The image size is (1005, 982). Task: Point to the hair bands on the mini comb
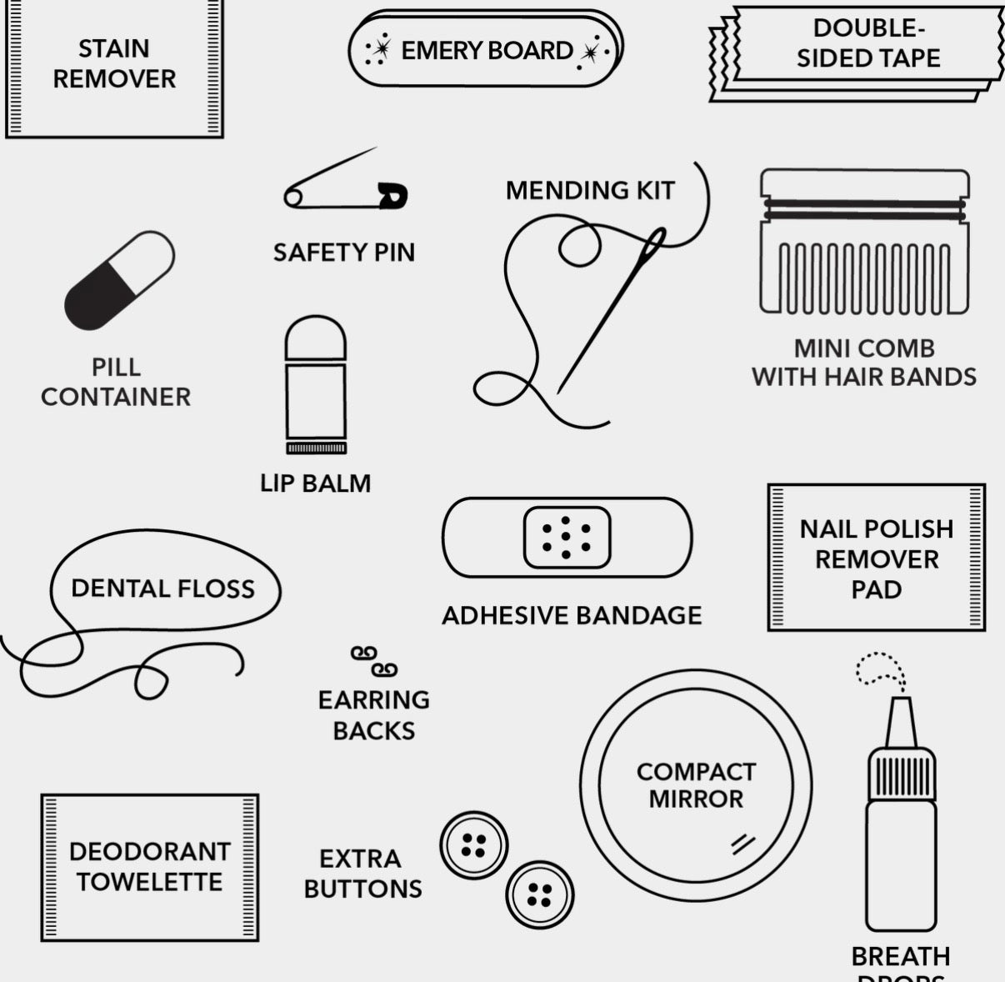point(864,208)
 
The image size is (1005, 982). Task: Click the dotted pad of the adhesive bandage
point(567,538)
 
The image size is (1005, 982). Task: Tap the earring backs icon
point(373,661)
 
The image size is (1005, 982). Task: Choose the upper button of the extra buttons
point(473,845)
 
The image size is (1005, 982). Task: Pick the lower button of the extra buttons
point(539,895)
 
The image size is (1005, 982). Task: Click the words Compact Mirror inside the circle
point(696,785)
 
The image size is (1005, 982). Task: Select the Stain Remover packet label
point(114,64)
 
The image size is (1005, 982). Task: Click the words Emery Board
point(487,51)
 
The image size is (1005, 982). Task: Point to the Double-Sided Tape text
point(868,43)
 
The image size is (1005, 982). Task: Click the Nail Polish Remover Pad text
point(876,559)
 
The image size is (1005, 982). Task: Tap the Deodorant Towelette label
point(150,866)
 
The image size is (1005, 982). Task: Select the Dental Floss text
point(162,589)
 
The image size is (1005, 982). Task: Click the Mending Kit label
point(590,191)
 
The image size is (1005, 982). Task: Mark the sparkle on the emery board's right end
point(591,53)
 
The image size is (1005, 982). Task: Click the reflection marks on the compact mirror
point(742,843)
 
